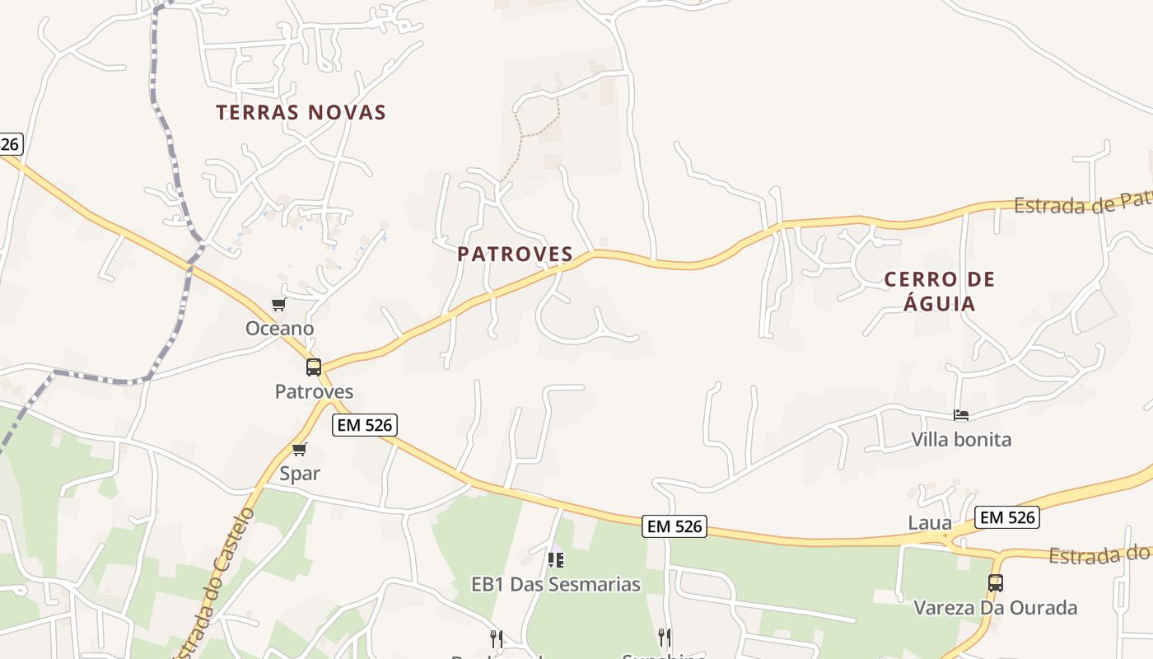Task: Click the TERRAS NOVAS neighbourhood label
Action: (x=301, y=112)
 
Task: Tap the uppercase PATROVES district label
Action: (x=516, y=254)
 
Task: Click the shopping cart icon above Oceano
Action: (x=278, y=305)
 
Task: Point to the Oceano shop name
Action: (x=280, y=329)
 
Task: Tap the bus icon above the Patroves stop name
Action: (x=314, y=367)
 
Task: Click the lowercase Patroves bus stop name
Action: (x=314, y=391)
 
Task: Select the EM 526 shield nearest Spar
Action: (x=365, y=425)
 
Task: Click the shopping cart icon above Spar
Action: (x=299, y=450)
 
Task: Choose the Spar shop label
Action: (x=300, y=474)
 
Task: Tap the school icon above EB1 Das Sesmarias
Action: (x=556, y=560)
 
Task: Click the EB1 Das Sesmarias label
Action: (x=556, y=585)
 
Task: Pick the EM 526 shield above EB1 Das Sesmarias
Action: (x=675, y=526)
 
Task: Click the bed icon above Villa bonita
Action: (x=961, y=415)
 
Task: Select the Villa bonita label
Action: (x=961, y=439)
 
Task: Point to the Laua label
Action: (x=930, y=522)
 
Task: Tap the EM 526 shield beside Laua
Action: (x=1006, y=517)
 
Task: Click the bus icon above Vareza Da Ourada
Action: (x=996, y=583)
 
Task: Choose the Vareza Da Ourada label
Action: (x=996, y=608)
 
